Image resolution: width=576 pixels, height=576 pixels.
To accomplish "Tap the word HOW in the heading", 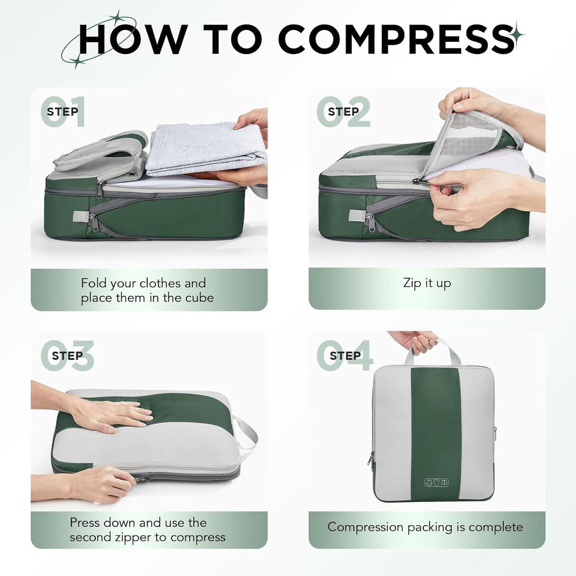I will [132, 39].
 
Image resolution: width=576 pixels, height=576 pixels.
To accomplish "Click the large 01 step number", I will [63, 112].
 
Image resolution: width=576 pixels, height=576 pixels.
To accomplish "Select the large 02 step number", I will [344, 112].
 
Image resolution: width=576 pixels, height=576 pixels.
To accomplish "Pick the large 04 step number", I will [345, 356].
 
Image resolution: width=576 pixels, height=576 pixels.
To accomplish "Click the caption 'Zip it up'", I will [427, 283].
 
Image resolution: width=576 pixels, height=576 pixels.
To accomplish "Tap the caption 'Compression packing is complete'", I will [425, 527].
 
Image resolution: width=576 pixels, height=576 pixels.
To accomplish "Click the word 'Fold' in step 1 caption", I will [94, 283].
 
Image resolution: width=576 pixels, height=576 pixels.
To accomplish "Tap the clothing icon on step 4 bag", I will [437, 482].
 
